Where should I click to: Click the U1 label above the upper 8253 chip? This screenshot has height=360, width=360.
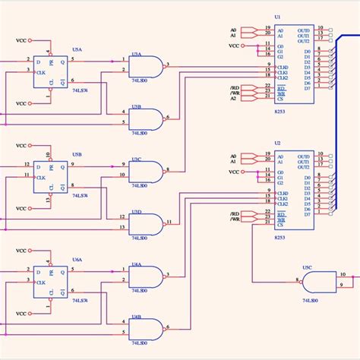[277, 16]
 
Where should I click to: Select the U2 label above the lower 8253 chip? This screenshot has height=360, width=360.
[277, 144]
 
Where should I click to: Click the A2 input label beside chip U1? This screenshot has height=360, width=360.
[234, 98]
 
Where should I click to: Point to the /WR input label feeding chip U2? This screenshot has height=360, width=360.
[235, 219]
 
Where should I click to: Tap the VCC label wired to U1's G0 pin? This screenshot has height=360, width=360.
[235, 46]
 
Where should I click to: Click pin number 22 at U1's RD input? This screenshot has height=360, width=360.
[267, 84]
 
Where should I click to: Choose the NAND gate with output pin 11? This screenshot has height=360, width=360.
[146, 224]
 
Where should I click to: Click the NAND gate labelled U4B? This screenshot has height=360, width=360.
[146, 328]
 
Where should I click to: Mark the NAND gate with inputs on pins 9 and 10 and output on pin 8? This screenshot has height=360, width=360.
[146, 172]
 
